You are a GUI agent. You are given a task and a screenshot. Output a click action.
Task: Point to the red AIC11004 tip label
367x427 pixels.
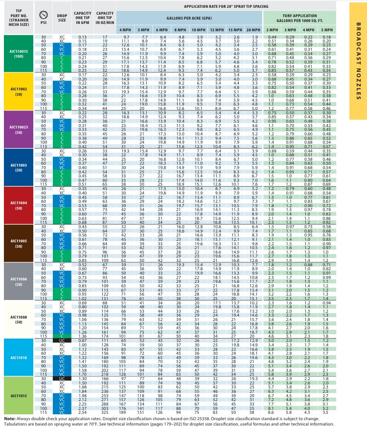(x=18, y=203)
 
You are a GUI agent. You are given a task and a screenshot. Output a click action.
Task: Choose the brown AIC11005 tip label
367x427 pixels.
(x=18, y=240)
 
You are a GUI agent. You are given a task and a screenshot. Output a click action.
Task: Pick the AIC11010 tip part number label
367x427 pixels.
(x=18, y=356)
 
